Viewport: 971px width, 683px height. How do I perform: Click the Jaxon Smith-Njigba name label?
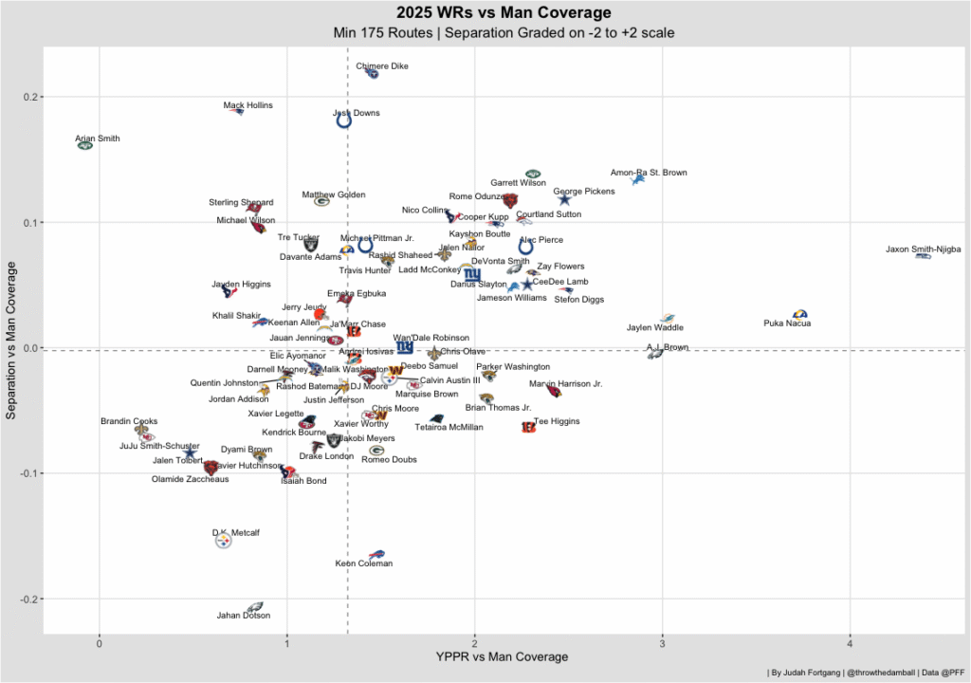pos(923,249)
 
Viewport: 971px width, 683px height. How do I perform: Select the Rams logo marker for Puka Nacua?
pos(799,314)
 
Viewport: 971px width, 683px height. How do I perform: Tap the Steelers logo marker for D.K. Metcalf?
pos(223,542)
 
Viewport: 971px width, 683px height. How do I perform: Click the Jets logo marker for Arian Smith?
pos(85,145)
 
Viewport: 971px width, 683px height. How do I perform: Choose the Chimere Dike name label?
pos(382,66)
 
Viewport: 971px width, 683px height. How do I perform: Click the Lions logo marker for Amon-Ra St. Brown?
pos(638,179)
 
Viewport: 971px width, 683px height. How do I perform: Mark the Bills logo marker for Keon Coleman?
pos(376,554)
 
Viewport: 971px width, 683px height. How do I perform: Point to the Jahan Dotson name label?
pos(243,616)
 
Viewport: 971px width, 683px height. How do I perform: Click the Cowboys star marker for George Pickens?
pos(564,199)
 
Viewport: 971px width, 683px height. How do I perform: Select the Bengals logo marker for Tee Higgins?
pos(528,428)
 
